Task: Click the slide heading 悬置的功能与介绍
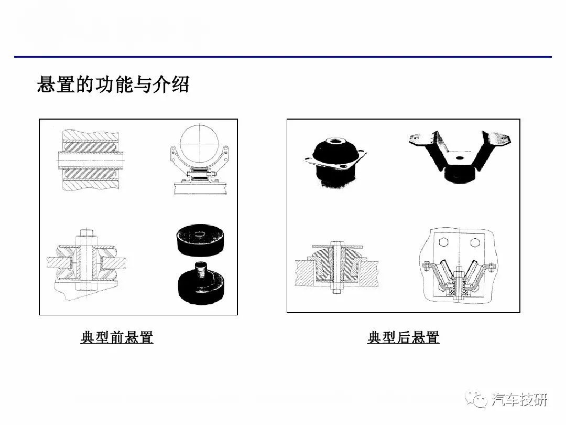pyautogui.click(x=113, y=84)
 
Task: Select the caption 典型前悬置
pyautogui.click(x=117, y=337)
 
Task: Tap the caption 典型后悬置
pyautogui.click(x=403, y=337)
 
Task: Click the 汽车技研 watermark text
pyautogui.click(x=519, y=400)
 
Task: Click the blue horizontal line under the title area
pyautogui.click(x=283, y=57)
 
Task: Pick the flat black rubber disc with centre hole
pyautogui.click(x=199, y=240)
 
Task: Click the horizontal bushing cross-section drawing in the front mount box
pyautogui.click(x=91, y=160)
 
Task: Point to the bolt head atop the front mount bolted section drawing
pyautogui.click(x=86, y=232)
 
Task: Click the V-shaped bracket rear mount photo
pyautogui.click(x=460, y=155)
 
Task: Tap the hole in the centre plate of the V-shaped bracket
pyautogui.click(x=459, y=158)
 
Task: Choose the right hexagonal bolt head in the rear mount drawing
pyautogui.click(x=475, y=242)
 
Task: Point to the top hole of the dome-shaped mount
pyautogui.click(x=334, y=141)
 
